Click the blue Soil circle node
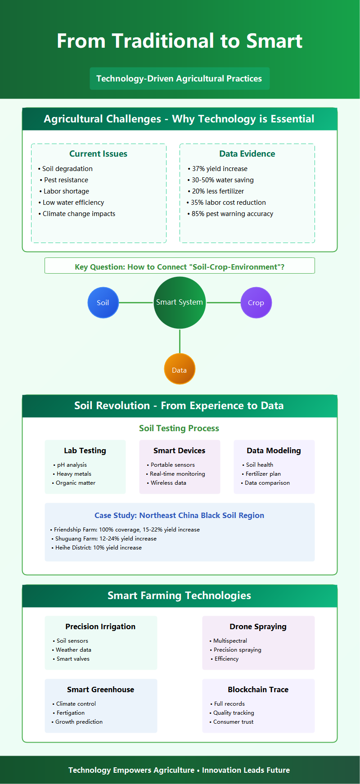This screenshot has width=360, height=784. coord(103,302)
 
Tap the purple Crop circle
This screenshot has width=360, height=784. coord(256,302)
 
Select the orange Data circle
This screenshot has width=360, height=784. coord(180,369)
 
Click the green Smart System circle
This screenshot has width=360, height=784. coord(180,302)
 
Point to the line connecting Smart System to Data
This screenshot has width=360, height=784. coord(180,341)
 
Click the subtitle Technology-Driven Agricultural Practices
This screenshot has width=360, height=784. coord(179,78)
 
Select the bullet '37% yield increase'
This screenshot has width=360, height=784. coord(220,169)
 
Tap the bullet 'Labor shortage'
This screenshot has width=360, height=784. coord(66,191)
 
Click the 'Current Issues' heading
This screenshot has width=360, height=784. coord(98,153)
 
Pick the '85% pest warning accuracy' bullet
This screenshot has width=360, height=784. coord(232,214)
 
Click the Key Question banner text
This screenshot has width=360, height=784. coord(180,267)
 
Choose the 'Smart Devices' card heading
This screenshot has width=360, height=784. coord(179,451)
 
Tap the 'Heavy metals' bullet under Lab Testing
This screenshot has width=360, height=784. coord(74,474)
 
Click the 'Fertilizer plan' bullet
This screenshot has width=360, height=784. coord(263,474)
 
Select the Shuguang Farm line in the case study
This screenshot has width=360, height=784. coord(106,539)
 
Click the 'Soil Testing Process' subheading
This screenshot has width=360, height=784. coord(179,428)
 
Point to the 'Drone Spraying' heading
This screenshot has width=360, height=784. coord(258,626)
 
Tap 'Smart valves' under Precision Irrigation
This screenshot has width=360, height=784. coord(73,659)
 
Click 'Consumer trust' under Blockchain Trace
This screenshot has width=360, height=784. coord(233,722)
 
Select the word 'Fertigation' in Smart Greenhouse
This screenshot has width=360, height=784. coord(71,713)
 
